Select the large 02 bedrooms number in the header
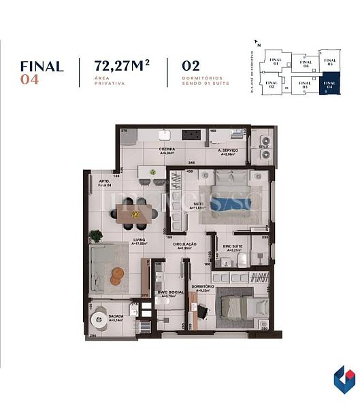pyautogui.click(x=191, y=67)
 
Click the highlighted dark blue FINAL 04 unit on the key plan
pyautogui.click(x=329, y=82)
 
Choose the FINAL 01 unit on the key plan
pyautogui.click(x=275, y=61)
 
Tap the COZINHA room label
pyautogui.click(x=167, y=149)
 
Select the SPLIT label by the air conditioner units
pyautogui.click(x=264, y=147)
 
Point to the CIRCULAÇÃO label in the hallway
pyautogui.click(x=184, y=244)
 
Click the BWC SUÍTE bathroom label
pyautogui.click(x=233, y=247)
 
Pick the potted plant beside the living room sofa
pyautogui.click(x=96, y=235)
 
